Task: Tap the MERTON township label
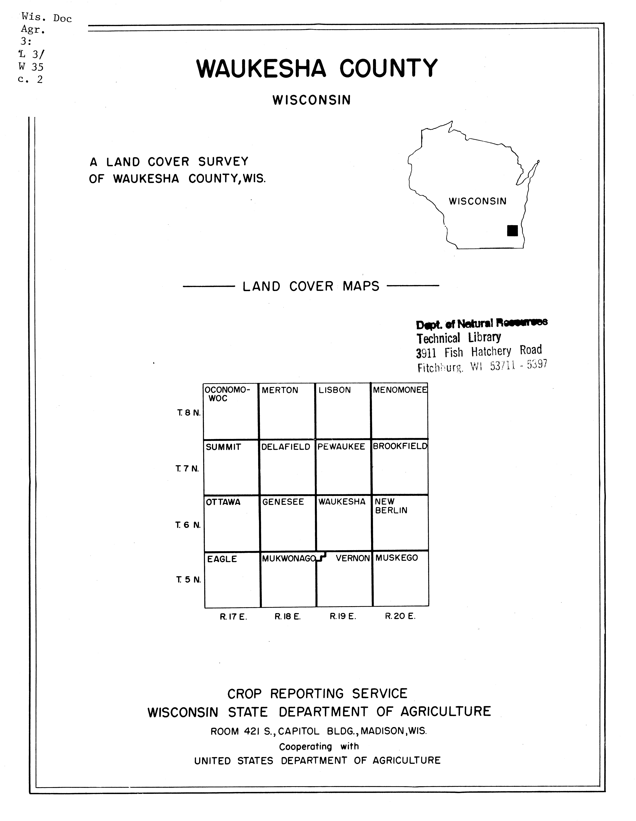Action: (280, 390)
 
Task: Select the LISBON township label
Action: (334, 390)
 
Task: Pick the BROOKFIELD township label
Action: (400, 447)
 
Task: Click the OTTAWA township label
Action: (223, 502)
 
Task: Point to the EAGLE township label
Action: (222, 559)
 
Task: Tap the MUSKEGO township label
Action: (396, 558)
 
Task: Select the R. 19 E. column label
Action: (343, 616)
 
